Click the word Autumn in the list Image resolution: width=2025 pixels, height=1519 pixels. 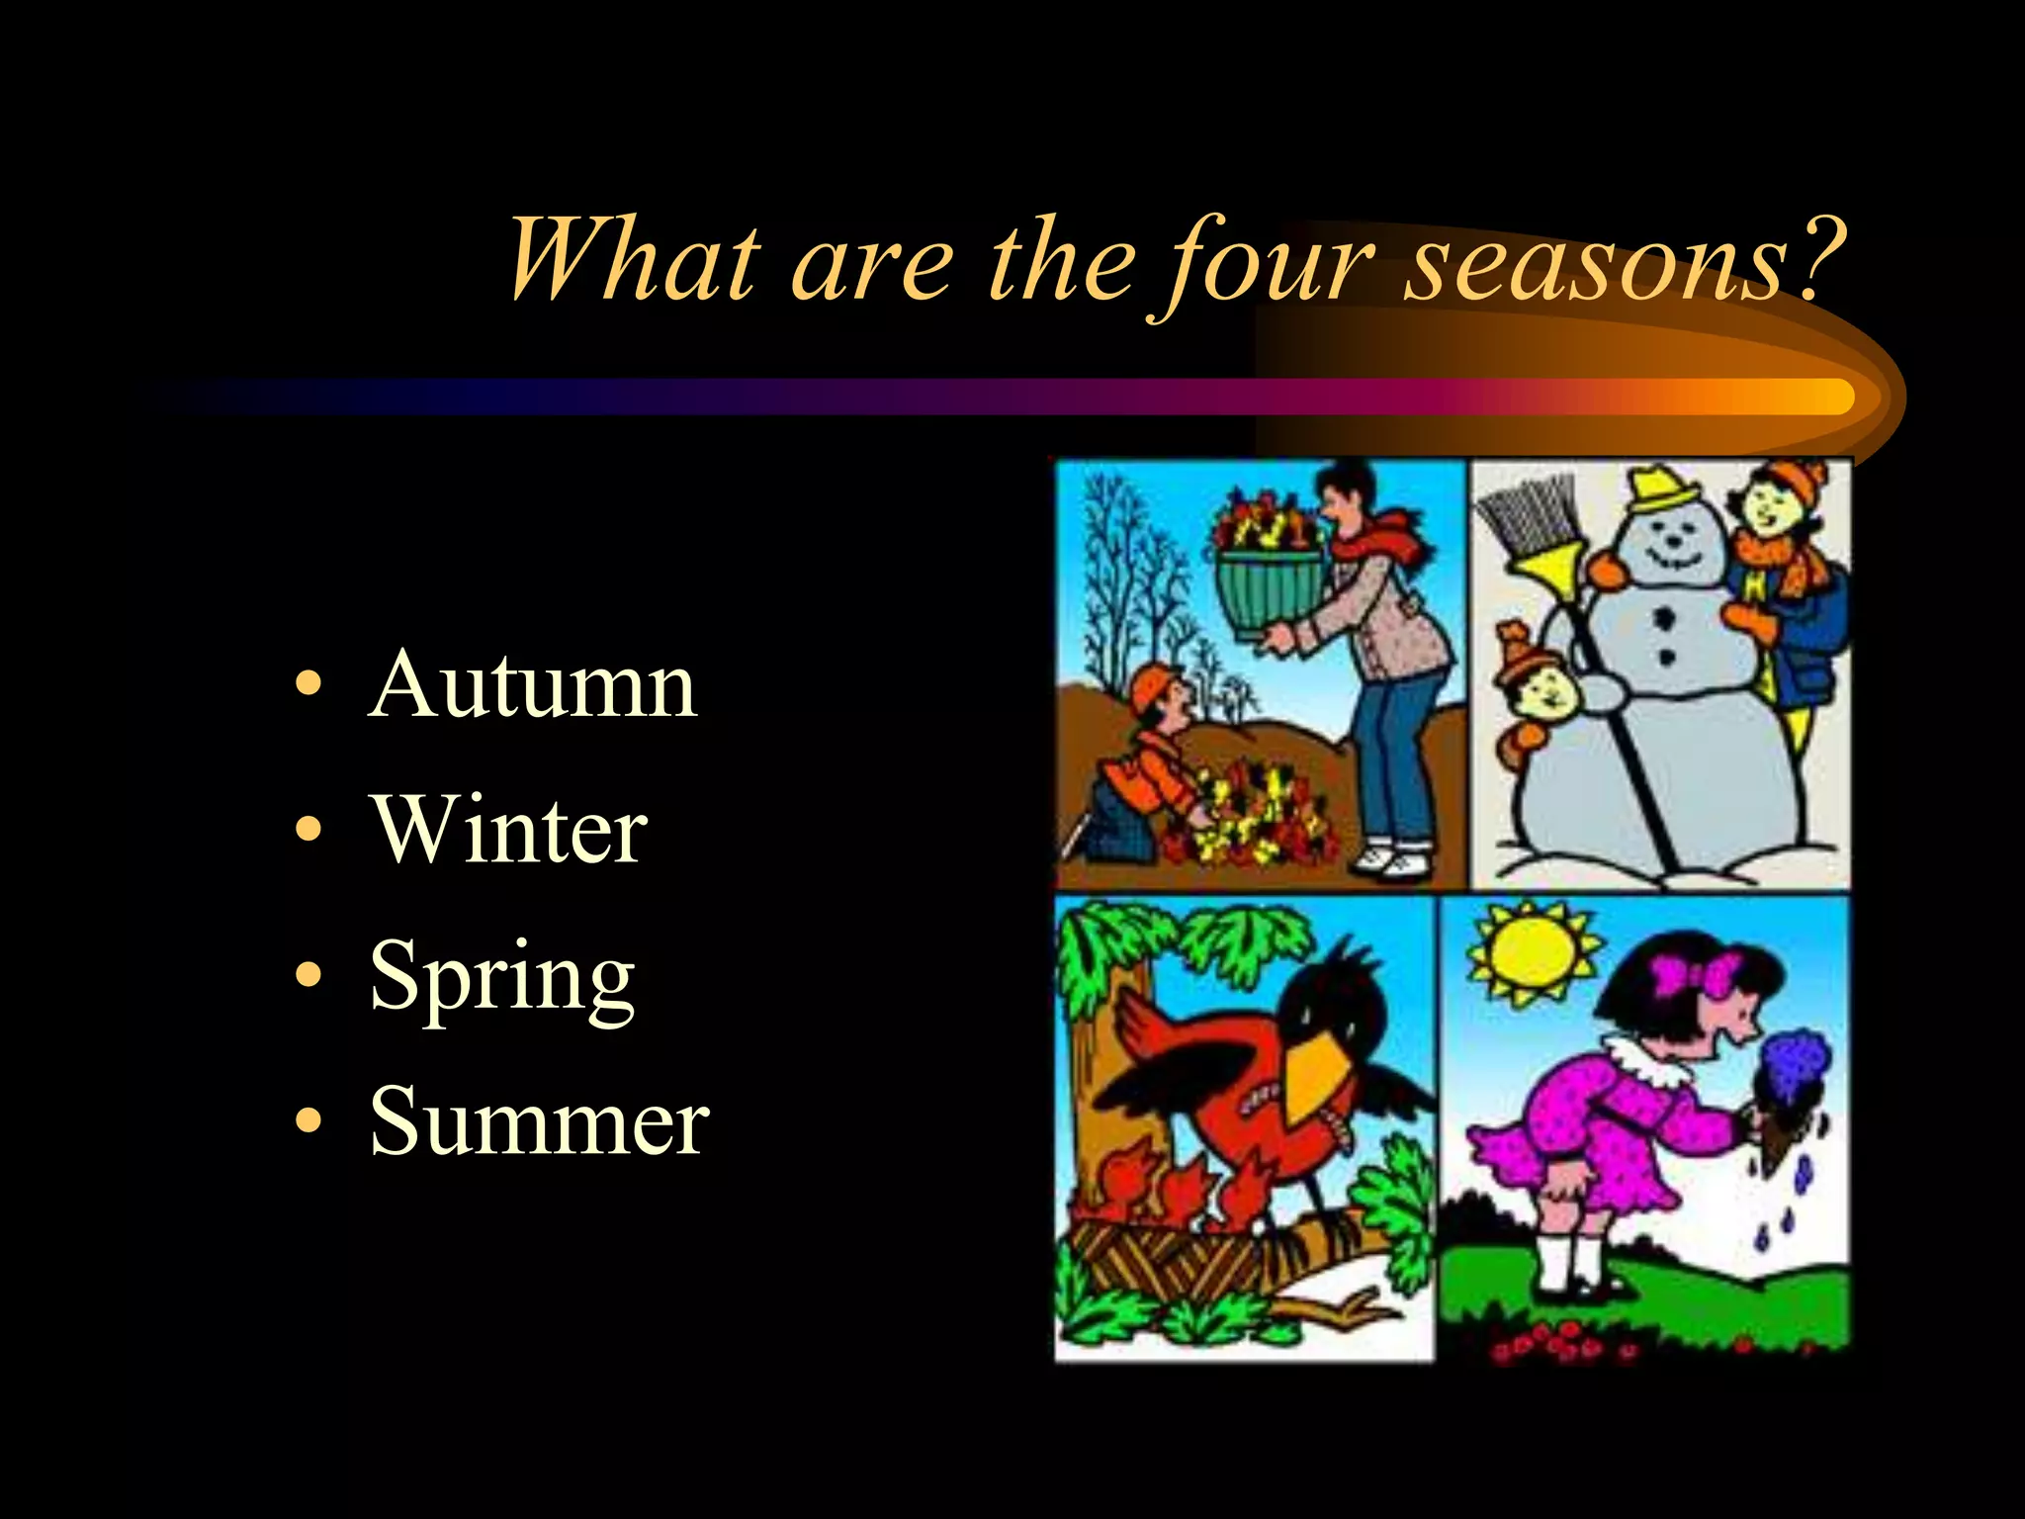[533, 685]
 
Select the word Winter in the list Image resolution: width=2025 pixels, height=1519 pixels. [509, 831]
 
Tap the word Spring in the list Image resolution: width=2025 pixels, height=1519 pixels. [502, 978]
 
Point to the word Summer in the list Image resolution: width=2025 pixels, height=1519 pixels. [539, 1122]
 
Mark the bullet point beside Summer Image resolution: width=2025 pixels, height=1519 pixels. [308, 1123]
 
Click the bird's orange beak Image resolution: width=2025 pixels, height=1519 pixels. [1314, 1078]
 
